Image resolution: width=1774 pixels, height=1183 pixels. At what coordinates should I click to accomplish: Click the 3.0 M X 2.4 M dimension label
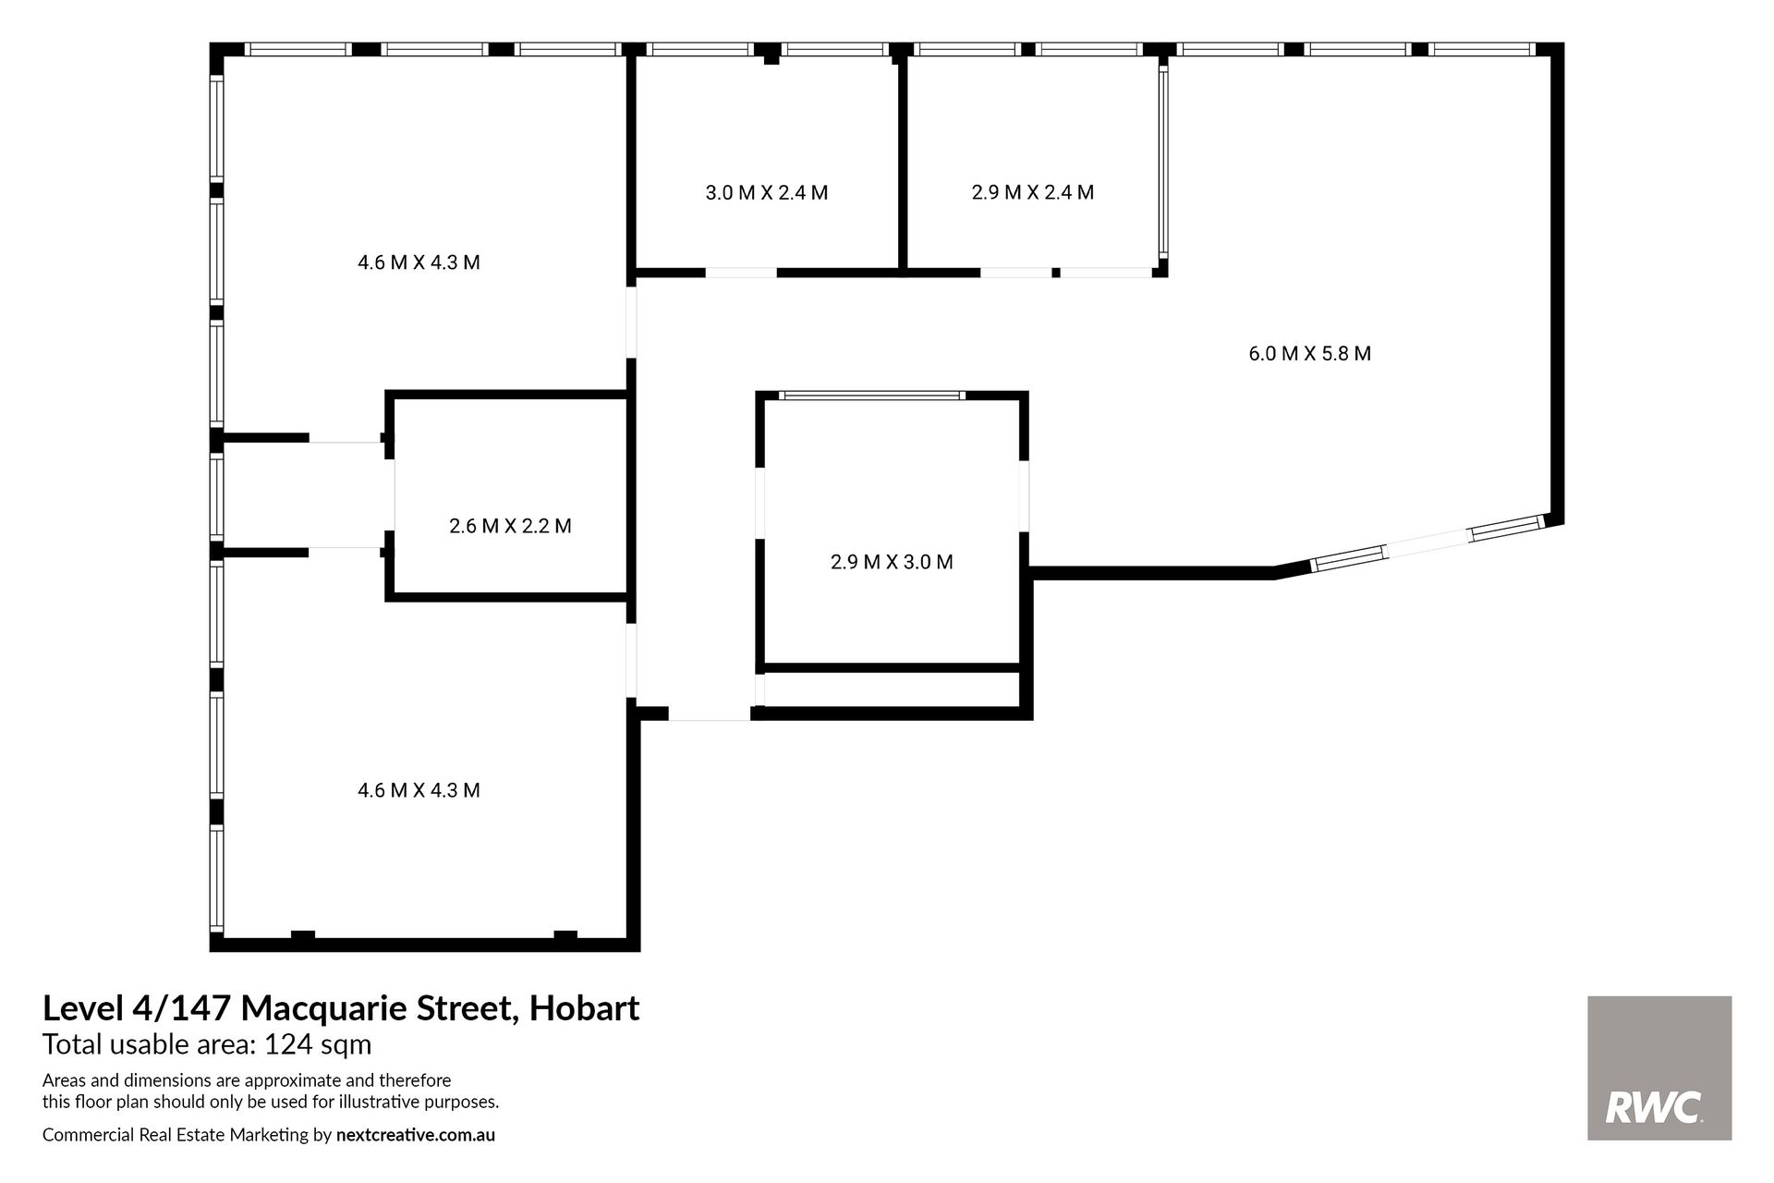[766, 193]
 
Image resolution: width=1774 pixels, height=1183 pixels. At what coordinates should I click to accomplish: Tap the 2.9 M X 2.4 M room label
[1033, 192]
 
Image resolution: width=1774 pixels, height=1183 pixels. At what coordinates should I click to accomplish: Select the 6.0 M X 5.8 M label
[1310, 353]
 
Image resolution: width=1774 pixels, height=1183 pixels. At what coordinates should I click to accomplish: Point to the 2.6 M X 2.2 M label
[510, 526]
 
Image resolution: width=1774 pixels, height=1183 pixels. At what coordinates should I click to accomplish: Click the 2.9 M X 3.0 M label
[892, 562]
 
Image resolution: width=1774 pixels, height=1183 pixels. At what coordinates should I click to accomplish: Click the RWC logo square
[1659, 1067]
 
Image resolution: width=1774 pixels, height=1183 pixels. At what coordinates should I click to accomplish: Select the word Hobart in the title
[584, 1007]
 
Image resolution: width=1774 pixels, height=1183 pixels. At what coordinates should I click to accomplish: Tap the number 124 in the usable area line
[285, 1045]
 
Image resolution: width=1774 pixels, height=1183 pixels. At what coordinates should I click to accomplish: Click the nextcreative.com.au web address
[416, 1135]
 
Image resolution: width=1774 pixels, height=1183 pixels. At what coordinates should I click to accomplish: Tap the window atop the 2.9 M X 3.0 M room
[871, 396]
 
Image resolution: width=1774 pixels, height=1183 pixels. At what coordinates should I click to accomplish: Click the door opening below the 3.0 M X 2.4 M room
[741, 273]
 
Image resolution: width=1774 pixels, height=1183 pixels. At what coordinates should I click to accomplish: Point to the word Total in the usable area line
[72, 1045]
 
